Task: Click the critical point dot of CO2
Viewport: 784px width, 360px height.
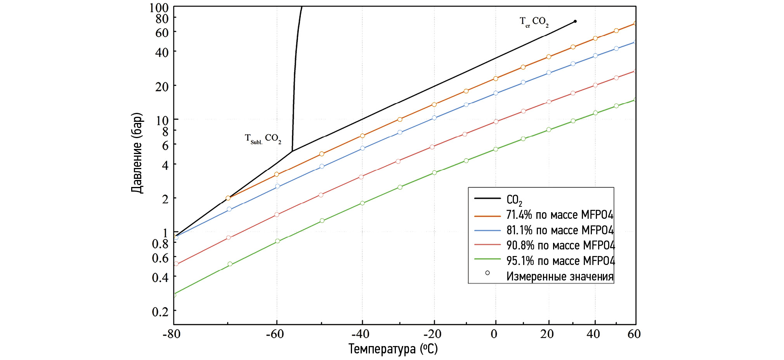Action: [x=575, y=21]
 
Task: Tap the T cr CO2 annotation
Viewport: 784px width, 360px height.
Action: [x=534, y=22]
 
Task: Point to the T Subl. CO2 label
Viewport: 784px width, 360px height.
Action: [x=263, y=138]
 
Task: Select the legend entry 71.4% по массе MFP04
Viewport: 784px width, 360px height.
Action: [x=560, y=215]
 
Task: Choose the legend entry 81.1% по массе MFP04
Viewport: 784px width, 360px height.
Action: [x=560, y=230]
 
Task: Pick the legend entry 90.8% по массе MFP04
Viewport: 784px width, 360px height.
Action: [x=560, y=246]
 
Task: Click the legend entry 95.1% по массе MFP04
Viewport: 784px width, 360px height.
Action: [x=560, y=261]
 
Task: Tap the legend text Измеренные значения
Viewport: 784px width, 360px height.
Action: [x=560, y=277]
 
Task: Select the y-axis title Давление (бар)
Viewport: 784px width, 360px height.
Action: [x=137, y=153]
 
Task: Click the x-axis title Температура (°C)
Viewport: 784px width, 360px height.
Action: [x=393, y=349]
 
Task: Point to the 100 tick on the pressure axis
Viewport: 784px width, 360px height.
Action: [x=159, y=8]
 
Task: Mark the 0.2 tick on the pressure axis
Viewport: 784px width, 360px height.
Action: [x=160, y=312]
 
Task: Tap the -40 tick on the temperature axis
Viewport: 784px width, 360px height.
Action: [x=361, y=334]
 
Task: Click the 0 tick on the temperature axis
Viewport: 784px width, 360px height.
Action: [x=494, y=334]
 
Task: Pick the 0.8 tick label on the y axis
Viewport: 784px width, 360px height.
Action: [x=160, y=244]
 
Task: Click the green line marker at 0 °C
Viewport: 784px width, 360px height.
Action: [x=496, y=149]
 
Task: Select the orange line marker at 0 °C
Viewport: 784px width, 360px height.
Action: [x=496, y=78]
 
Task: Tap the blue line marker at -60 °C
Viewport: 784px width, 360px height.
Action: [x=278, y=186]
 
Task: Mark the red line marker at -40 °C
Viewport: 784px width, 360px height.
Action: [x=361, y=177]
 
